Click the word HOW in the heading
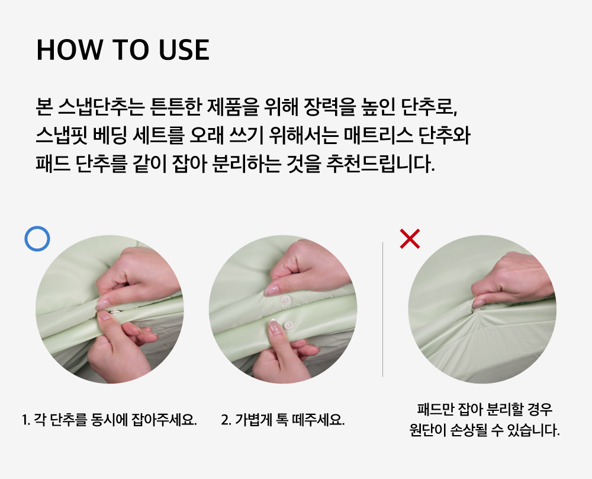pyautogui.click(x=69, y=50)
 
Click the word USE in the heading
pyautogui.click(x=184, y=50)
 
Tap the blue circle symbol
pyautogui.click(x=37, y=238)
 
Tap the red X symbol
pyautogui.click(x=410, y=238)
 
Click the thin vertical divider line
pyautogui.click(x=382, y=309)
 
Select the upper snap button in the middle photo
pyautogui.click(x=286, y=301)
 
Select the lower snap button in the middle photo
pyautogui.click(x=289, y=325)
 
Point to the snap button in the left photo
pyautogui.click(x=114, y=311)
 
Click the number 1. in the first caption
pyautogui.click(x=25, y=420)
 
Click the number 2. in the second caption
pyautogui.click(x=226, y=420)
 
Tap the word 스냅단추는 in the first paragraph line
pyautogui.click(x=101, y=107)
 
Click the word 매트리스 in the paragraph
pyautogui.click(x=378, y=135)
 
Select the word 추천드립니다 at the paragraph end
pyautogui.click(x=380, y=164)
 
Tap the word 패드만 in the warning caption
pyautogui.click(x=435, y=409)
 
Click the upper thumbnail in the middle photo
pyautogui.click(x=272, y=290)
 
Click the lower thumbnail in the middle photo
pyautogui.click(x=275, y=327)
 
